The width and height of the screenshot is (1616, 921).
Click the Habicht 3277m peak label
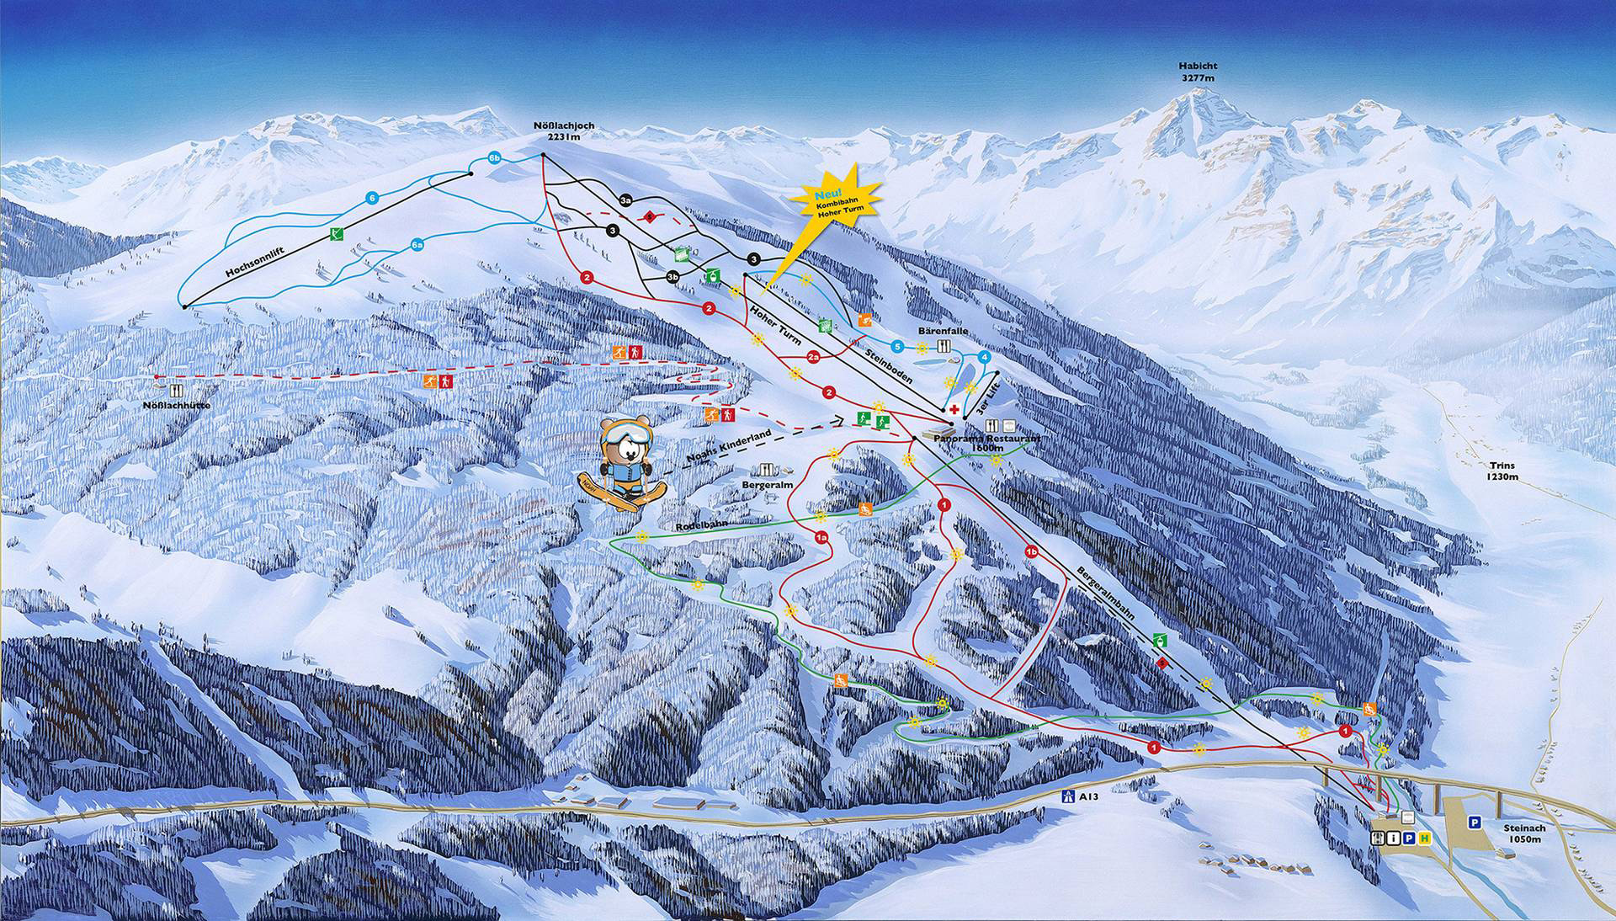click(1198, 72)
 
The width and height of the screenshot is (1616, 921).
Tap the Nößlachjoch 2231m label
click(563, 131)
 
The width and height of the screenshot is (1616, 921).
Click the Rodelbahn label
click(699, 524)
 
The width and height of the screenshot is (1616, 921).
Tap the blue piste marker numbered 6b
click(494, 157)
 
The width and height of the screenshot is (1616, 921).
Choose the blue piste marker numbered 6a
click(417, 245)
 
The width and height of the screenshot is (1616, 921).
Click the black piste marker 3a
click(625, 200)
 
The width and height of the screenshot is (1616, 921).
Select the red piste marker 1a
click(821, 535)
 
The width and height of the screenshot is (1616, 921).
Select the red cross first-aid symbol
click(953, 409)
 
